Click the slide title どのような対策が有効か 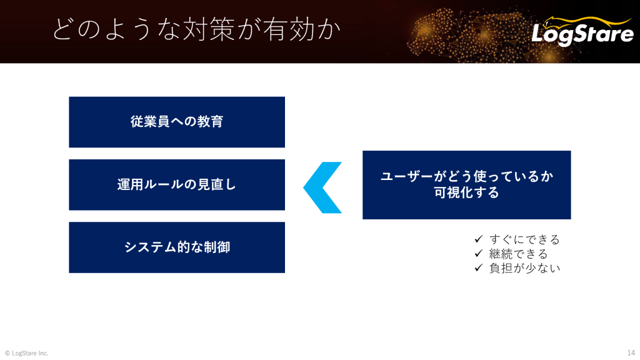point(196,29)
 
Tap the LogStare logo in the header point(583,31)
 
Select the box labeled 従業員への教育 point(177,122)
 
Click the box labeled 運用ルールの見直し point(177,185)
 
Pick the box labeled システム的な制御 point(177,247)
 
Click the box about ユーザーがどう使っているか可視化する point(466,185)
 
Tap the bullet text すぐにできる point(524,239)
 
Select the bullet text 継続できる point(518,254)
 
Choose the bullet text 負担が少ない point(524,268)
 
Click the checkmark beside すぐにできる point(479,239)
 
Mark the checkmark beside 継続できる point(479,254)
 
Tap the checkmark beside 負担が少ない point(479,267)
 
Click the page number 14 point(631,352)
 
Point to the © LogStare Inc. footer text point(26,353)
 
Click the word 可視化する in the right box point(466,192)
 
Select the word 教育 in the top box point(210,122)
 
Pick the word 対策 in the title point(209,29)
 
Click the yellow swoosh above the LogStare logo point(587,21)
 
